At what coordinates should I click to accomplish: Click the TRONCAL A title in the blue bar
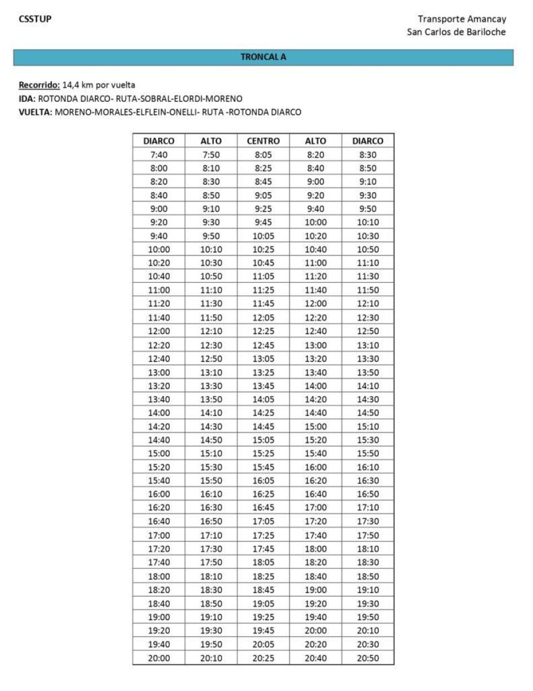(x=263, y=58)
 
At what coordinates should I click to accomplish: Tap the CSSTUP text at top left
(x=35, y=19)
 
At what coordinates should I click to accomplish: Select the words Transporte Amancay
(x=462, y=20)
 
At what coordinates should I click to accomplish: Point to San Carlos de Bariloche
(x=456, y=32)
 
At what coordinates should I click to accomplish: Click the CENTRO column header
(x=263, y=141)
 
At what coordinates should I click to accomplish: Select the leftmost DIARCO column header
(x=159, y=141)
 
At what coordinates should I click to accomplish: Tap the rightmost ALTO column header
(x=315, y=141)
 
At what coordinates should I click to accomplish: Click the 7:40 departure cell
(x=159, y=154)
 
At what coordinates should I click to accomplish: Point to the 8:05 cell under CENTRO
(x=263, y=154)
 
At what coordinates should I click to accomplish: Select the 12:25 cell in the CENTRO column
(x=263, y=331)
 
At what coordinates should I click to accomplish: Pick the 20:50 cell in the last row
(x=368, y=658)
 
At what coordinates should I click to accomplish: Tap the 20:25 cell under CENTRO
(x=263, y=658)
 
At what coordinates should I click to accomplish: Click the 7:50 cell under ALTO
(x=211, y=154)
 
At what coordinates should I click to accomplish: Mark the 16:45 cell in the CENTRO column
(x=263, y=508)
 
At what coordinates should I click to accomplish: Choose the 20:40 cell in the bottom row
(x=315, y=658)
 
